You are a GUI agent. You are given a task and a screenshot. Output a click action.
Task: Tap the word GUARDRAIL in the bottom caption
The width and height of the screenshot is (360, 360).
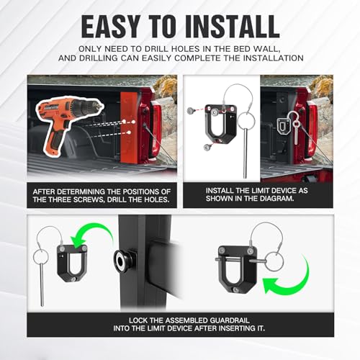(x=230, y=320)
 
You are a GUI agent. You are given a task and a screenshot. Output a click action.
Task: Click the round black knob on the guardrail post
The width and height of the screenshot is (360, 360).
(x=122, y=259)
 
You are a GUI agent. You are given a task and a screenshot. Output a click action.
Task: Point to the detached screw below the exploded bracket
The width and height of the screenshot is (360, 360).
(x=207, y=147)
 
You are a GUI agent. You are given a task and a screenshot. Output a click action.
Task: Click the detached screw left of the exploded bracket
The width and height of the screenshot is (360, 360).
(x=191, y=111)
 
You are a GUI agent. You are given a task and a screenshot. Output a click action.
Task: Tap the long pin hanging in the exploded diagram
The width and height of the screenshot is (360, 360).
(x=245, y=150)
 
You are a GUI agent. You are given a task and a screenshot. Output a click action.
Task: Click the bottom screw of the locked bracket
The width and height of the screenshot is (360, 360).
(x=236, y=290)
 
